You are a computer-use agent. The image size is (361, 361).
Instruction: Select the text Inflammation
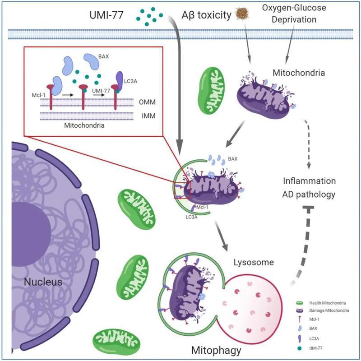(309, 181)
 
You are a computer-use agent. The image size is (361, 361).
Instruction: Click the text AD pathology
(309, 195)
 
